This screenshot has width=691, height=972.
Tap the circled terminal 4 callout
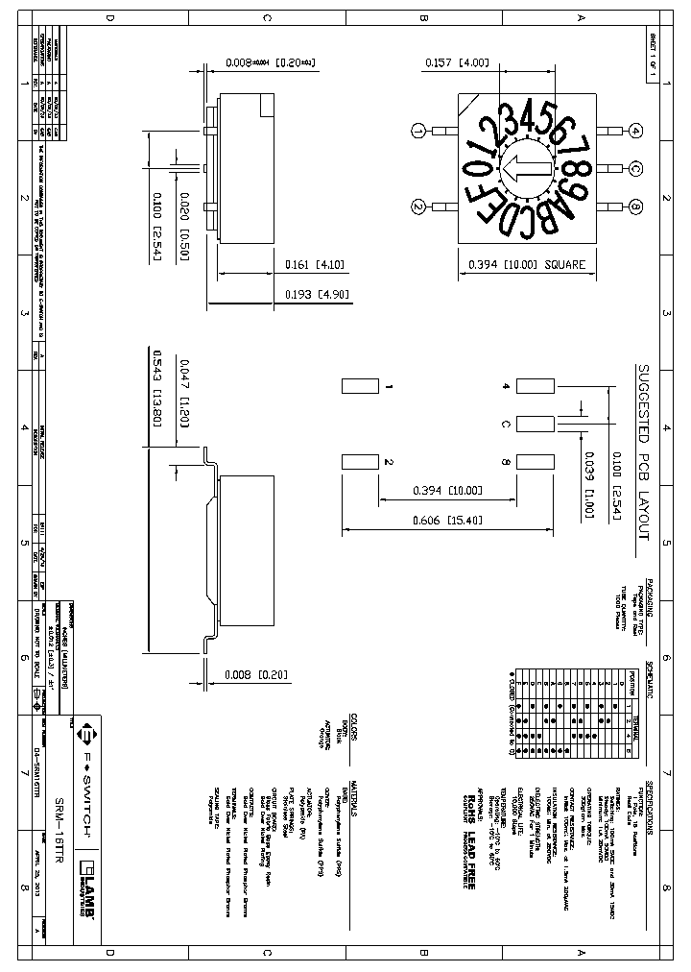click(x=636, y=131)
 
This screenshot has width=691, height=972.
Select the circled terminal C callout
click(x=636, y=169)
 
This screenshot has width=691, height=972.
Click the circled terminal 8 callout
click(x=636, y=207)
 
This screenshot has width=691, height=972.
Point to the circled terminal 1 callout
click(x=418, y=131)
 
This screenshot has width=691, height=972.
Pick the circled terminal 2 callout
click(x=418, y=207)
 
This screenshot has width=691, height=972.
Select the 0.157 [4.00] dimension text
click(x=457, y=63)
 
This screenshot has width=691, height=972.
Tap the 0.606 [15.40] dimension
click(x=447, y=519)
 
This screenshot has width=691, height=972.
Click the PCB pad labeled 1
click(x=361, y=387)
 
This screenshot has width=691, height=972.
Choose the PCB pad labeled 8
click(x=535, y=462)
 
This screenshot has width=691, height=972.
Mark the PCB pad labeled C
click(x=535, y=425)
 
